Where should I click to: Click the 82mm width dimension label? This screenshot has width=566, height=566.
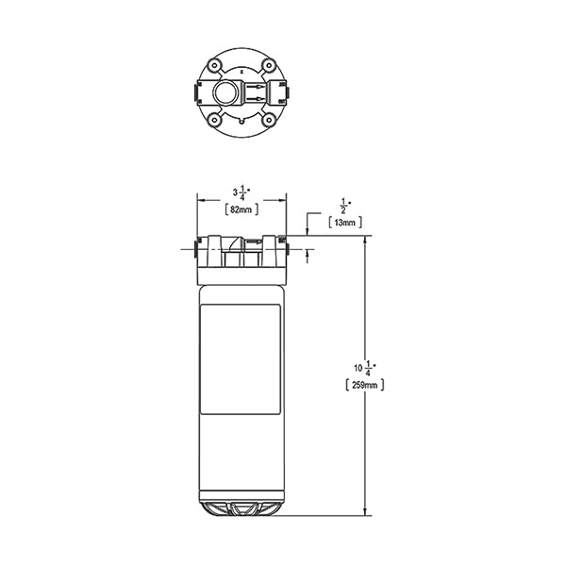[241, 209]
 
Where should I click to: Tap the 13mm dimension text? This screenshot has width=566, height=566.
[345, 223]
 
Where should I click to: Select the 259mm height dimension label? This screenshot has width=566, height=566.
[364, 385]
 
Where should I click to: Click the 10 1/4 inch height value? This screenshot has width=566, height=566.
[365, 368]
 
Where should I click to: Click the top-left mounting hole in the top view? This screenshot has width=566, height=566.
[214, 66]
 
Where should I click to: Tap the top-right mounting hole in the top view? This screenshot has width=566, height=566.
[269, 66]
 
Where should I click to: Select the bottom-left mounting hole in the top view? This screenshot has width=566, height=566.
[214, 120]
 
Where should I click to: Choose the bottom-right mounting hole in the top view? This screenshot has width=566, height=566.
[269, 120]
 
